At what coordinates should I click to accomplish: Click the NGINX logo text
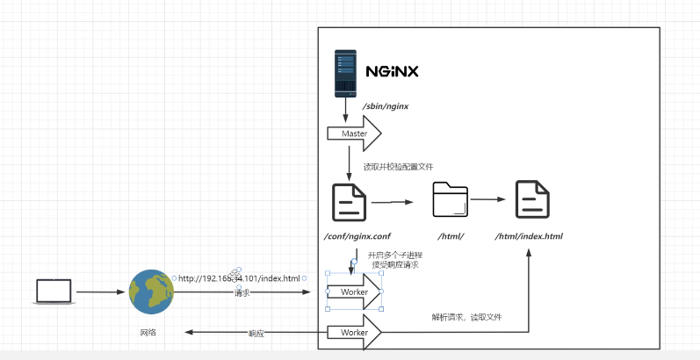pyautogui.click(x=392, y=70)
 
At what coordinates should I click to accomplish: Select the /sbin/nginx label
pyautogui.click(x=386, y=106)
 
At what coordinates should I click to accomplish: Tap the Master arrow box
pyautogui.click(x=354, y=133)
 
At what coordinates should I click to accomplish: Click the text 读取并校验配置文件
pyautogui.click(x=399, y=166)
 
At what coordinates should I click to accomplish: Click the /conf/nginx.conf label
pyautogui.click(x=357, y=236)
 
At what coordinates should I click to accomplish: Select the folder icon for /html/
pyautogui.click(x=451, y=199)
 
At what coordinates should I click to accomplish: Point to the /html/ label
pyautogui.click(x=451, y=236)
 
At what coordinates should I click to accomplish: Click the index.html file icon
pyautogui.click(x=532, y=199)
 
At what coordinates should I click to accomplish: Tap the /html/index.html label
pyautogui.click(x=529, y=236)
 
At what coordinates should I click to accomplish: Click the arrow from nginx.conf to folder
pyautogui.click(x=392, y=202)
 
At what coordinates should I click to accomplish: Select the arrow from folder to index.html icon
pyautogui.click(x=492, y=199)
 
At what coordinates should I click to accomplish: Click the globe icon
pyautogui.click(x=151, y=292)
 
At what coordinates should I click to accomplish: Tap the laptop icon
pyautogui.click(x=53, y=292)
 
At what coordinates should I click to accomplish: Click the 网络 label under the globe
pyautogui.click(x=150, y=333)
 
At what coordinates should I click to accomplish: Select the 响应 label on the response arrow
pyautogui.click(x=256, y=334)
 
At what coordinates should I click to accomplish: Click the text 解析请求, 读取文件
pyautogui.click(x=465, y=317)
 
